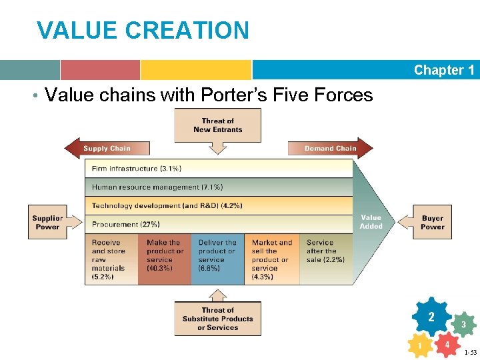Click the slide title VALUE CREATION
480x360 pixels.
(x=143, y=31)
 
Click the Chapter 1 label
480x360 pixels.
(x=443, y=70)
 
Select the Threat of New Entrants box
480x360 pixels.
(x=217, y=125)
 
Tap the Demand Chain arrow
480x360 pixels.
(x=329, y=148)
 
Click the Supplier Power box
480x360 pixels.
(x=48, y=222)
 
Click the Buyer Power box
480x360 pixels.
(x=432, y=222)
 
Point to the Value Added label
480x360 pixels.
(x=371, y=222)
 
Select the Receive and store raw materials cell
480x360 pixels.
(x=111, y=259)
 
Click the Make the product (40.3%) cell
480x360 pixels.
(x=165, y=259)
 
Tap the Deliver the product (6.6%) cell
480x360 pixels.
(x=217, y=259)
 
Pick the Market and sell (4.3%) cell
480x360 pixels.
(x=272, y=259)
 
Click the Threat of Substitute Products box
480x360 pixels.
(x=217, y=319)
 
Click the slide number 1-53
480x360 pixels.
(x=470, y=352)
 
